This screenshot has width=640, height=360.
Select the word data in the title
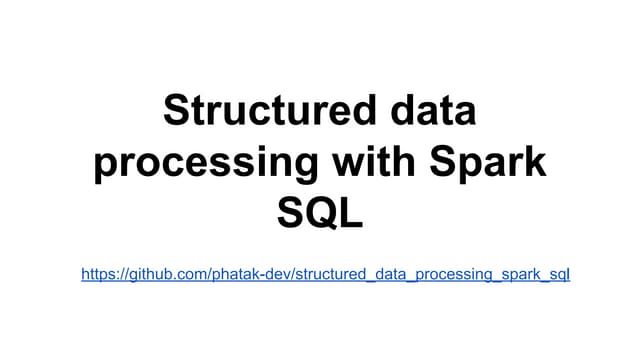(428, 111)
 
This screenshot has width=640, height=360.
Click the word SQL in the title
(319, 214)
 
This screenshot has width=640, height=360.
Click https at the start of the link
(97, 273)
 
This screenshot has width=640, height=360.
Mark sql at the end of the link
(558, 273)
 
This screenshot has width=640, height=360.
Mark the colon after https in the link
(115, 274)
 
